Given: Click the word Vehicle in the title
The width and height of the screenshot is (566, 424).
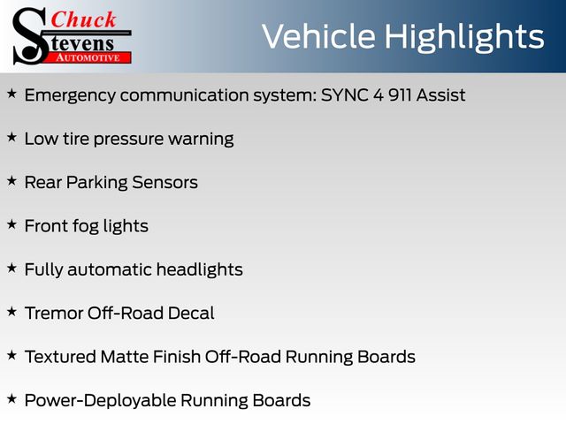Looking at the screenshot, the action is coord(318,36).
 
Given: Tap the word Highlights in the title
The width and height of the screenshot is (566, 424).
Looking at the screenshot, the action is coord(463,38).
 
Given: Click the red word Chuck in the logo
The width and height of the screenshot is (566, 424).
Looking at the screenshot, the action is coord(83,19).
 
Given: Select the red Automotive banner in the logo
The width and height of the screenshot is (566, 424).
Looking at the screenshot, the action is coord(88,57).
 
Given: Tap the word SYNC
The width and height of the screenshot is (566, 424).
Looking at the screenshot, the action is coord(344,95).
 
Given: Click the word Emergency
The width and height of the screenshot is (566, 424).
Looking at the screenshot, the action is coord(70,96).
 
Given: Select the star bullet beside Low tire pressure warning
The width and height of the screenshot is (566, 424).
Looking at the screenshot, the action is coord(11,138).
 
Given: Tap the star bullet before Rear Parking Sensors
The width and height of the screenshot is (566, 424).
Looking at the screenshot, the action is coord(11,181).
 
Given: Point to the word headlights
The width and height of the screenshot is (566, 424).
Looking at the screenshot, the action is coord(200,270).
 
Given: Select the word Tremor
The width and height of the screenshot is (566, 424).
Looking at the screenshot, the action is coord(54,314).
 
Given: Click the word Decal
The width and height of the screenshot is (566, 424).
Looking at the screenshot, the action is coord(191,314).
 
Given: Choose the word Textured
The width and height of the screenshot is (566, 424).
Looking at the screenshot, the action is coord(60,357).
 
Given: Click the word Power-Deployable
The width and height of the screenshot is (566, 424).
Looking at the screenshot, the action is coord(100,401).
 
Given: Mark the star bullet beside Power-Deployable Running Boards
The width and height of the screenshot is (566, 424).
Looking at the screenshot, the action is coord(11,399).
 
